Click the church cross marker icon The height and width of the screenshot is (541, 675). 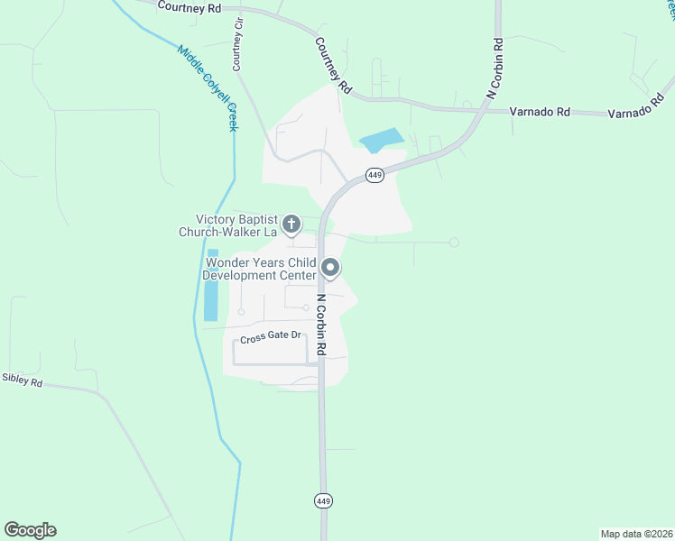click(291, 224)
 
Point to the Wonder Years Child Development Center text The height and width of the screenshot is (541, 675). click(258, 269)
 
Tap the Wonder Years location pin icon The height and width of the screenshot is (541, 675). click(330, 268)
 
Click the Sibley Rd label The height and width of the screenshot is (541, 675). click(22, 381)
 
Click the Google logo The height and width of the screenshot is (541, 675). click(30, 530)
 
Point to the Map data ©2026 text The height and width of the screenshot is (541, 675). click(636, 533)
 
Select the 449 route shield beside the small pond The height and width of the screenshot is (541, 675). click(375, 175)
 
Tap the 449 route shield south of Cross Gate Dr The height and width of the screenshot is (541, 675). click(323, 500)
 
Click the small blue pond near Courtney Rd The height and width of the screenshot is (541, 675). click(381, 141)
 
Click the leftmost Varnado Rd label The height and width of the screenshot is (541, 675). click(540, 112)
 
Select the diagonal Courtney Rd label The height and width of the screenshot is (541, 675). click(333, 65)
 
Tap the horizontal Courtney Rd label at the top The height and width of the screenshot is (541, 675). click(189, 7)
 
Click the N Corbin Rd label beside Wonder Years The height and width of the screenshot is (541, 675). click(320, 323)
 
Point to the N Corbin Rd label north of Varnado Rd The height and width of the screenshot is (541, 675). click(495, 68)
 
